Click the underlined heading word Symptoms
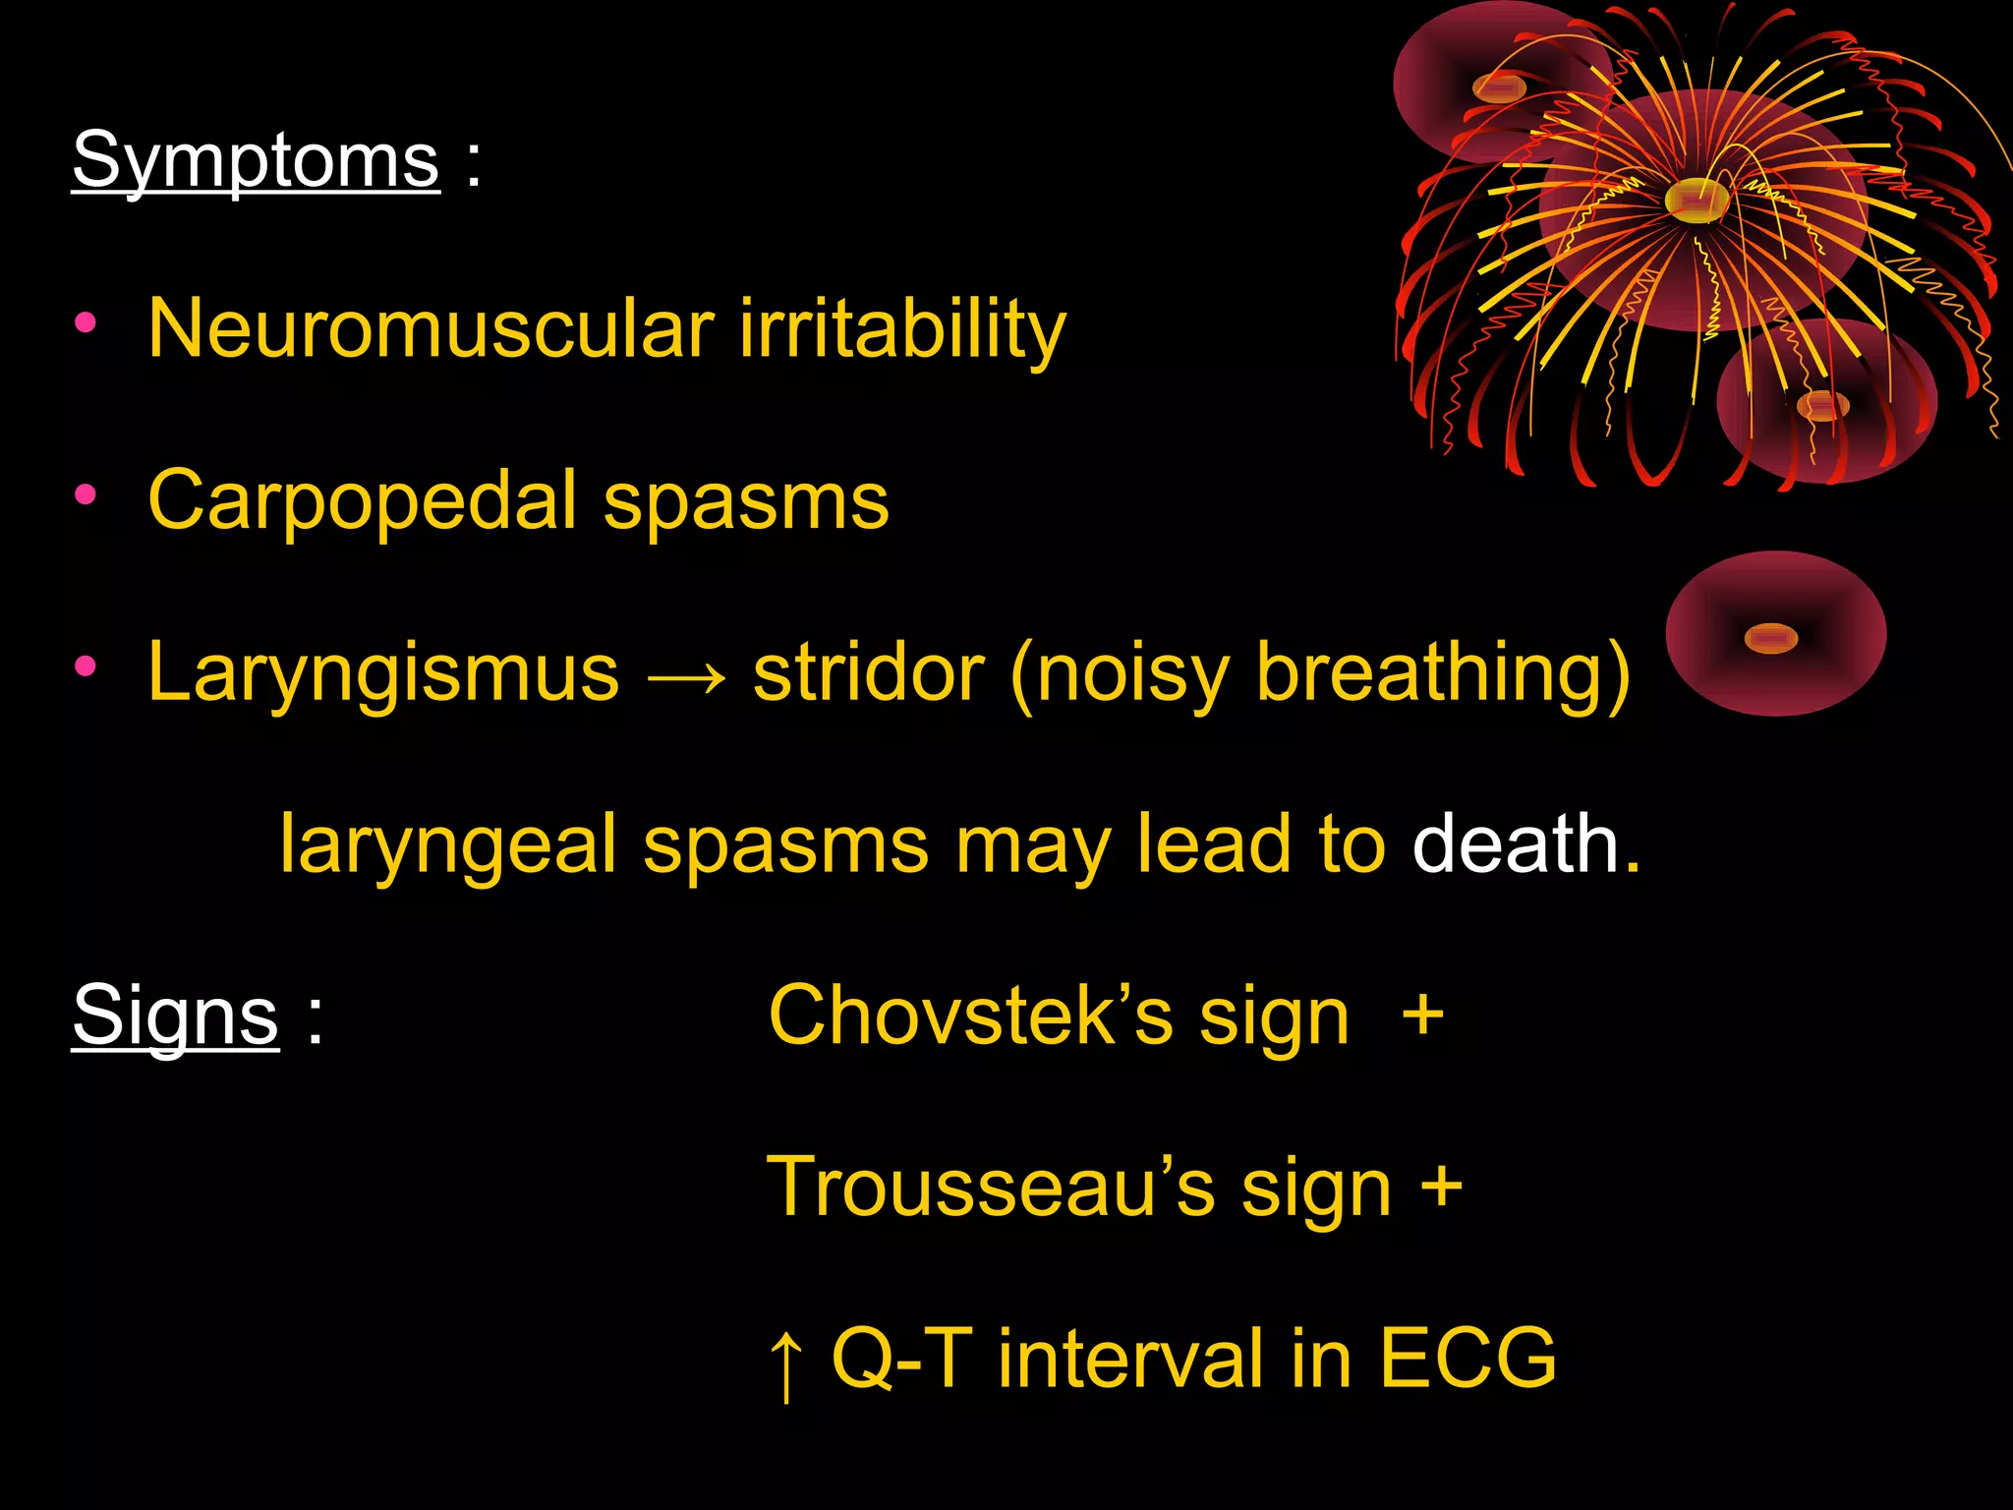(x=256, y=160)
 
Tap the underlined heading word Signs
(x=175, y=1016)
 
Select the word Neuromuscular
(x=431, y=328)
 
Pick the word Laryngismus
(x=383, y=673)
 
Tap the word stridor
(x=869, y=673)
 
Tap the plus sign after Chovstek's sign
(x=1422, y=1016)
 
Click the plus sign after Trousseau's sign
(x=1441, y=1188)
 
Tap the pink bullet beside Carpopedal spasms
(x=86, y=494)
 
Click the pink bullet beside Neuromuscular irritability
(x=86, y=322)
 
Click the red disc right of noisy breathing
(x=1775, y=634)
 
